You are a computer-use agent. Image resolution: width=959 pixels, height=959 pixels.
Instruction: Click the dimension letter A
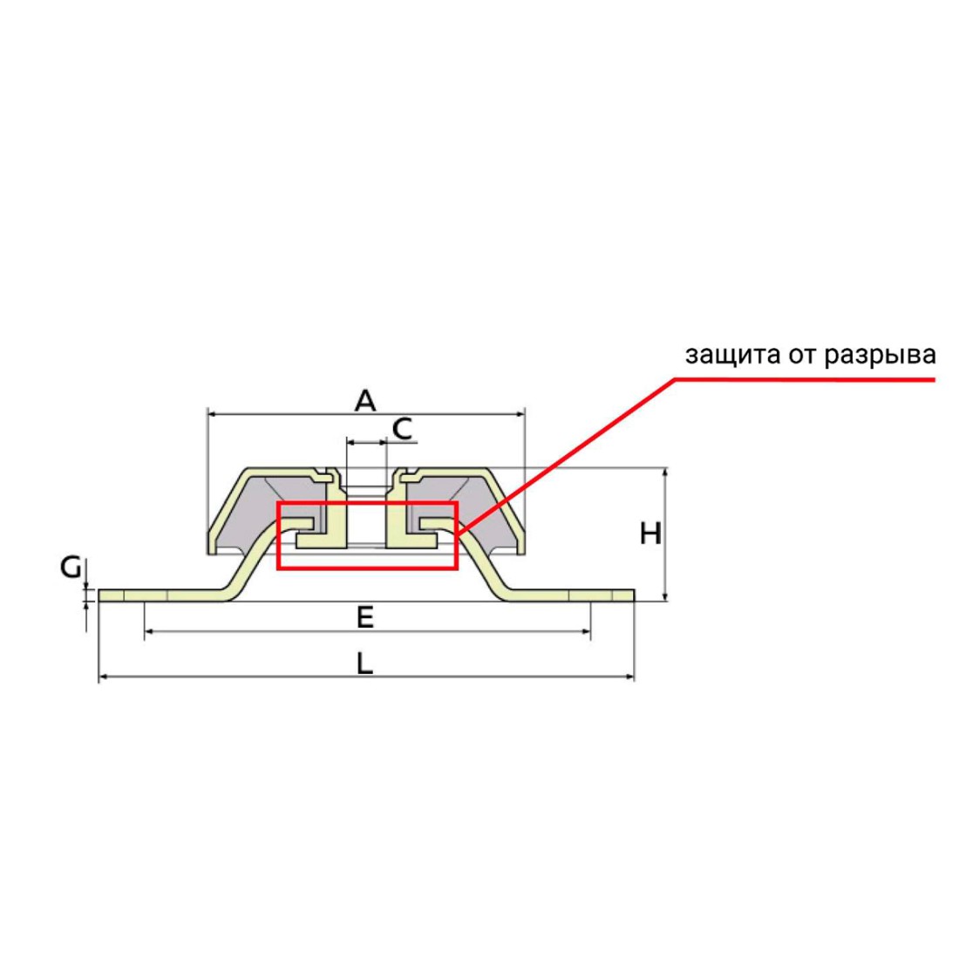point(365,400)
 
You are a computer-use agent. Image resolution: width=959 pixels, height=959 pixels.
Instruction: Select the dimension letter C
point(402,428)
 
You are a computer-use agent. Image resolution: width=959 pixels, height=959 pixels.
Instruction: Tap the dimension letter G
point(71,568)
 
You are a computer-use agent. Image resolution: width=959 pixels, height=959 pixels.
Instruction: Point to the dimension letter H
point(650,534)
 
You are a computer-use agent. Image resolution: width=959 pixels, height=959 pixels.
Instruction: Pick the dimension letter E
point(365,617)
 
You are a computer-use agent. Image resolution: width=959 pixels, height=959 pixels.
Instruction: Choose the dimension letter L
point(365,663)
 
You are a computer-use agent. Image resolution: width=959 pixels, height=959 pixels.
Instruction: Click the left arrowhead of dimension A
point(212,413)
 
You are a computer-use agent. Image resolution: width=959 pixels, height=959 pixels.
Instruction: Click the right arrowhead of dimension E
point(587,630)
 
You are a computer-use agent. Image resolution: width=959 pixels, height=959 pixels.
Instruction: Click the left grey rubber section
point(253,514)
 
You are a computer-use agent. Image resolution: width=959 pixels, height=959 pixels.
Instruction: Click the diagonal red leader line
point(567,453)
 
